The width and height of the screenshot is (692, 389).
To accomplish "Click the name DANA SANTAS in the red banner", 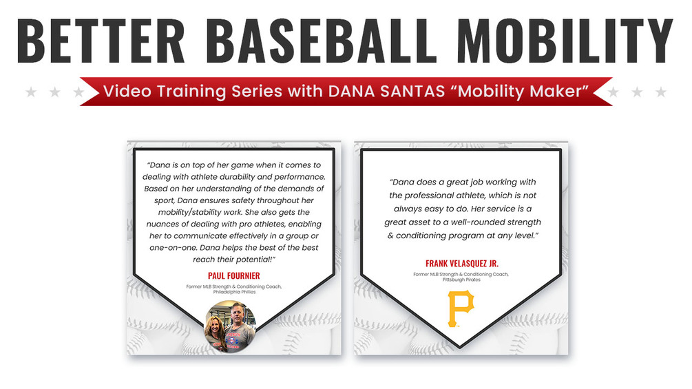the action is (x=386, y=92).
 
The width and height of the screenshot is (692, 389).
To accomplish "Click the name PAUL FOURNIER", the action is (x=234, y=275).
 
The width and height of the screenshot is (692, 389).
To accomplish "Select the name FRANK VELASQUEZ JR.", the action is (x=461, y=263).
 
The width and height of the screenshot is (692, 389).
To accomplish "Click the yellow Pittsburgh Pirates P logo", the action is (x=461, y=308).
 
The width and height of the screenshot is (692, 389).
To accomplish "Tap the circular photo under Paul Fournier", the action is (x=230, y=327).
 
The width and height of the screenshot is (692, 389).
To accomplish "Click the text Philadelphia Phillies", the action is (x=234, y=292).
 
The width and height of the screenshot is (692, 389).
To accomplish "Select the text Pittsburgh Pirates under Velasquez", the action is (x=461, y=280).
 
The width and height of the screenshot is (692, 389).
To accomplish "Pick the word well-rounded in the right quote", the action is (x=484, y=222).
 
